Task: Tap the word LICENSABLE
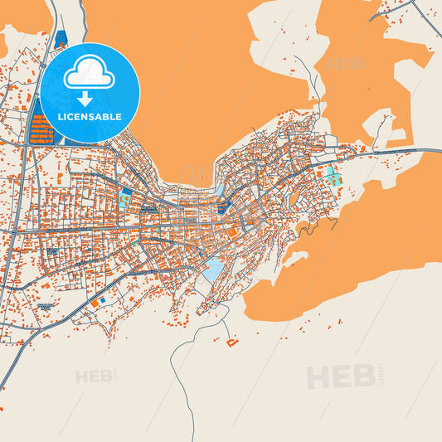90,117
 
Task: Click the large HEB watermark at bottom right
340,377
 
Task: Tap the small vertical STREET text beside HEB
381,374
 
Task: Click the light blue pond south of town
213,268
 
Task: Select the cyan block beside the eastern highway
333,176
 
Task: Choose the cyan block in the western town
125,198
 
